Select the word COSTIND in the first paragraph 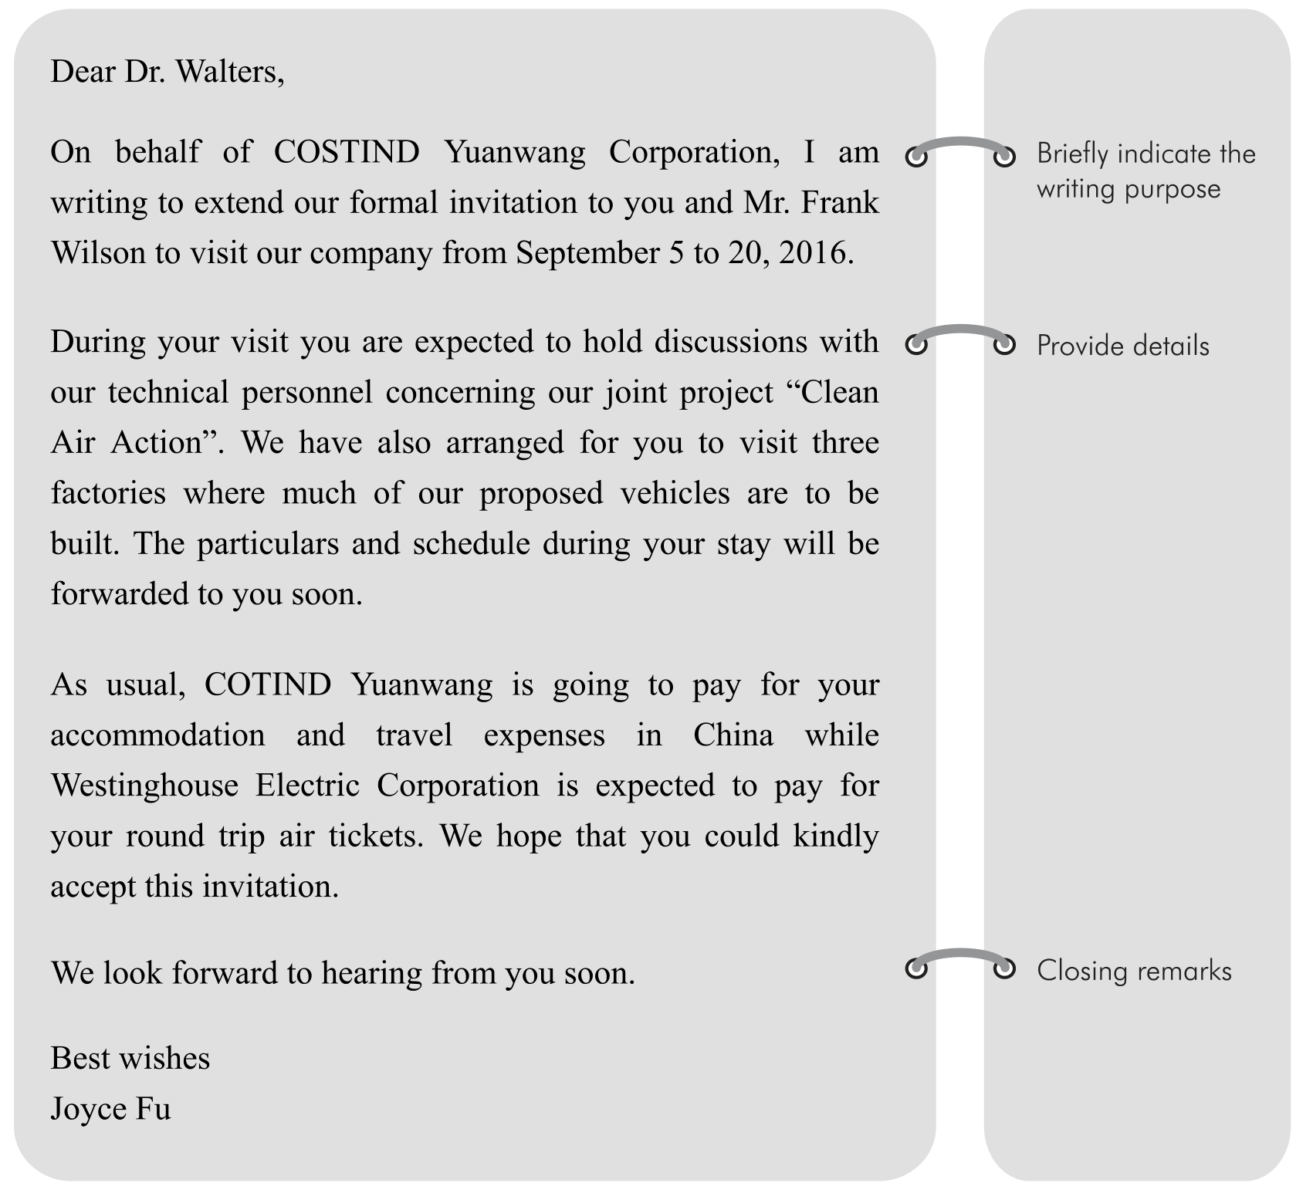[x=347, y=152]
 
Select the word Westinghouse [x=144, y=786]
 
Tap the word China [x=733, y=735]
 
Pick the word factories [x=108, y=493]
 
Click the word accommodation [x=157, y=735]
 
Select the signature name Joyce [x=87, y=1109]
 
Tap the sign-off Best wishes [x=130, y=1058]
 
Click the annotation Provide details [x=1122, y=346]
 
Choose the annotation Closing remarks [x=1133, y=971]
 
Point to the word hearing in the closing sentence [x=371, y=973]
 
